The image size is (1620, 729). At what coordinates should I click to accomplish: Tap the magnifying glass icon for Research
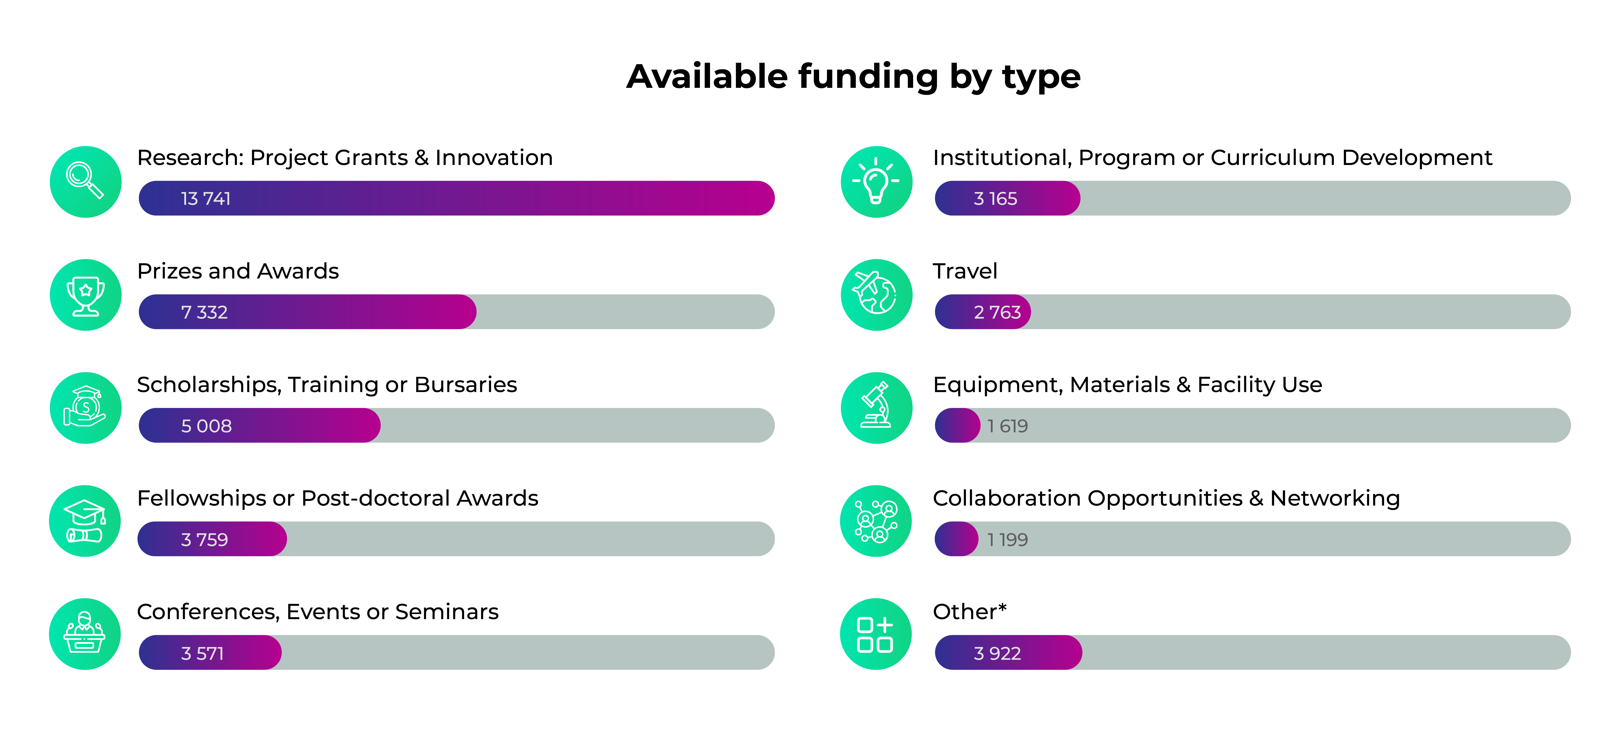[x=85, y=182]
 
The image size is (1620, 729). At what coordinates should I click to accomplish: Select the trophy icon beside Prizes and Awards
[x=85, y=295]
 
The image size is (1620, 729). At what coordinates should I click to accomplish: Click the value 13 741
[x=206, y=199]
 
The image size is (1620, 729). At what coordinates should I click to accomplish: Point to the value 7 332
[x=204, y=312]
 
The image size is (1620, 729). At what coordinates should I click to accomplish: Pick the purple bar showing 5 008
[x=259, y=425]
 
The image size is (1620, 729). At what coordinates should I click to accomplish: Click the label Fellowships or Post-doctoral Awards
[x=338, y=498]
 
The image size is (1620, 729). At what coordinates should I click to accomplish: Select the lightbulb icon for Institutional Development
[x=876, y=182]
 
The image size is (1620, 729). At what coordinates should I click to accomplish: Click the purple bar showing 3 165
[x=1007, y=199]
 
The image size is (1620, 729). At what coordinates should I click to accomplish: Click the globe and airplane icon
[x=876, y=295]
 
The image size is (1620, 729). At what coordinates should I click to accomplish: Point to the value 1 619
[x=1007, y=426]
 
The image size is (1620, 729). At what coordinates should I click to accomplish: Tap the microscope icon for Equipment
[x=876, y=408]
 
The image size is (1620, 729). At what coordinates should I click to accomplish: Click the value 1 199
[x=1007, y=540]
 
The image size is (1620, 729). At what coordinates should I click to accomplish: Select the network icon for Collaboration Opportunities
[x=876, y=521]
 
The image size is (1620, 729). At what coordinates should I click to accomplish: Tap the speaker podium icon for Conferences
[x=85, y=634]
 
